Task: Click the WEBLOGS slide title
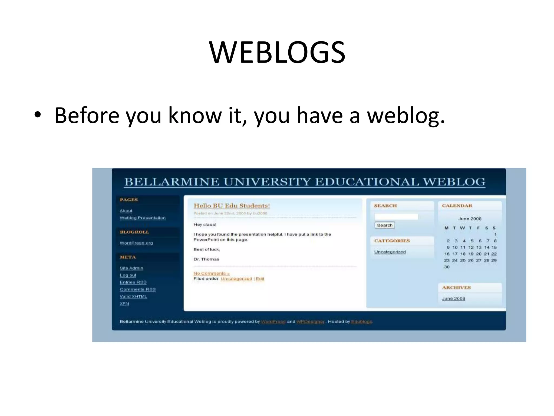point(277,52)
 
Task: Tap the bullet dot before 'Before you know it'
point(38,115)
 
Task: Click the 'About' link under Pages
point(126,211)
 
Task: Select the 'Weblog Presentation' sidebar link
point(143,218)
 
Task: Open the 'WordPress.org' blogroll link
point(136,243)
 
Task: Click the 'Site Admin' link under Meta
point(131,268)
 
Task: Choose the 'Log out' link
point(128,275)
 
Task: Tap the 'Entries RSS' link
point(133,282)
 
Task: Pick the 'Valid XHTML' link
point(133,297)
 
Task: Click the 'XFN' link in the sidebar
point(124,304)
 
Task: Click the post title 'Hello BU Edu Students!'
point(232,206)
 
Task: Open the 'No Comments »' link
point(212,274)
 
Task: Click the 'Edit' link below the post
point(260,279)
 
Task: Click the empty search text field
point(396,217)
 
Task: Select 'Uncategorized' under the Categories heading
point(390,252)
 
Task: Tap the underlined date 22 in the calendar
point(494,254)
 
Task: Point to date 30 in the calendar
point(447,267)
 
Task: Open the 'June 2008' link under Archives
point(454,298)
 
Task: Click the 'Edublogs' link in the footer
point(362,322)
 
